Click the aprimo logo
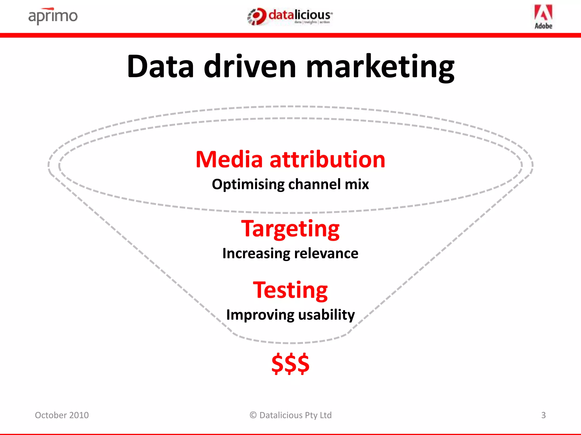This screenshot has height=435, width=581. coord(53,16)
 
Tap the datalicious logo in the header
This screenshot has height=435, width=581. coord(290,16)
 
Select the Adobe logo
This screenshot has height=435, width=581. coord(543,17)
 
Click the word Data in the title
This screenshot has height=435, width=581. coord(160,67)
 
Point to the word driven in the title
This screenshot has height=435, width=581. coord(250,67)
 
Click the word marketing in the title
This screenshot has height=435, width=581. coord(380,68)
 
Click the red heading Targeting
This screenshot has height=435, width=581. coord(290,229)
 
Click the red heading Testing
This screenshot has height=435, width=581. coord(290,291)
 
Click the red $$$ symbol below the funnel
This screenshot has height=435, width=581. coord(290,364)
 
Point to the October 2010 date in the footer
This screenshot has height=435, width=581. coord(62,415)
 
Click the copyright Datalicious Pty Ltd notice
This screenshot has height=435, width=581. coord(290,415)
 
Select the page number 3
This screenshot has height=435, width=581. coord(543,415)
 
